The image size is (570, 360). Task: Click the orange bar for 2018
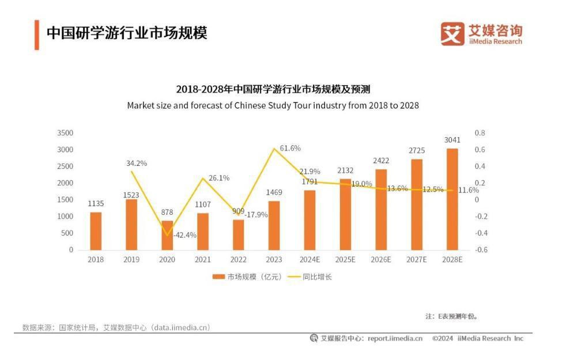[x=96, y=231]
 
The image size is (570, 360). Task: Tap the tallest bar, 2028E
[x=452, y=199]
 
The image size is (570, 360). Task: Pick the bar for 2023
[x=274, y=225]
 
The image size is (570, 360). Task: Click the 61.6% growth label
[x=290, y=148]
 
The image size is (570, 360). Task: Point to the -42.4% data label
[x=185, y=235]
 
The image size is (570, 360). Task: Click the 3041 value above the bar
[x=452, y=140]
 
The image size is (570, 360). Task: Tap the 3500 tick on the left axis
[x=65, y=133]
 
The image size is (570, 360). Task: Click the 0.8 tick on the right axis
[x=480, y=133]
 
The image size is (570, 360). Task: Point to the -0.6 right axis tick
[x=481, y=250]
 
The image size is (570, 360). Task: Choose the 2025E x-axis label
[x=346, y=260]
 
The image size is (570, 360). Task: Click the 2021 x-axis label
[x=203, y=260]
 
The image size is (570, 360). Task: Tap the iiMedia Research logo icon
[x=452, y=33]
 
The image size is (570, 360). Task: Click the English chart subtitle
[x=273, y=105]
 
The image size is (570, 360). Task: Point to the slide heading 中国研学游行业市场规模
[x=127, y=32]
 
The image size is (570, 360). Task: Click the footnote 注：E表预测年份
[x=451, y=316]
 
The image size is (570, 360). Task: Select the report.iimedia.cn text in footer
[x=395, y=339]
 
